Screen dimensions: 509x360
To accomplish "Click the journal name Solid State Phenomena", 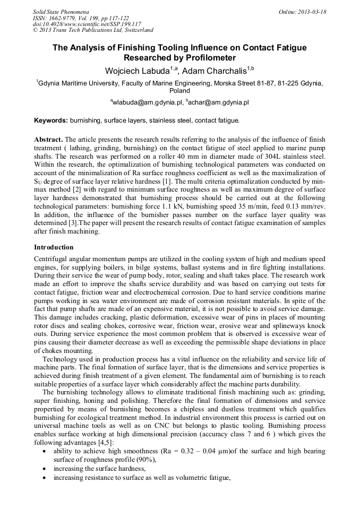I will pos(61,11).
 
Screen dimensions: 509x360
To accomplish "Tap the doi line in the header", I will pos(87,24).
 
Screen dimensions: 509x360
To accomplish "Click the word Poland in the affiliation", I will pos(179,91).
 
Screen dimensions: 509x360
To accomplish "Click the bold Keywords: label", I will pos(51,120).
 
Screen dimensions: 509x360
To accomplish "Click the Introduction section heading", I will pos(54,247).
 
